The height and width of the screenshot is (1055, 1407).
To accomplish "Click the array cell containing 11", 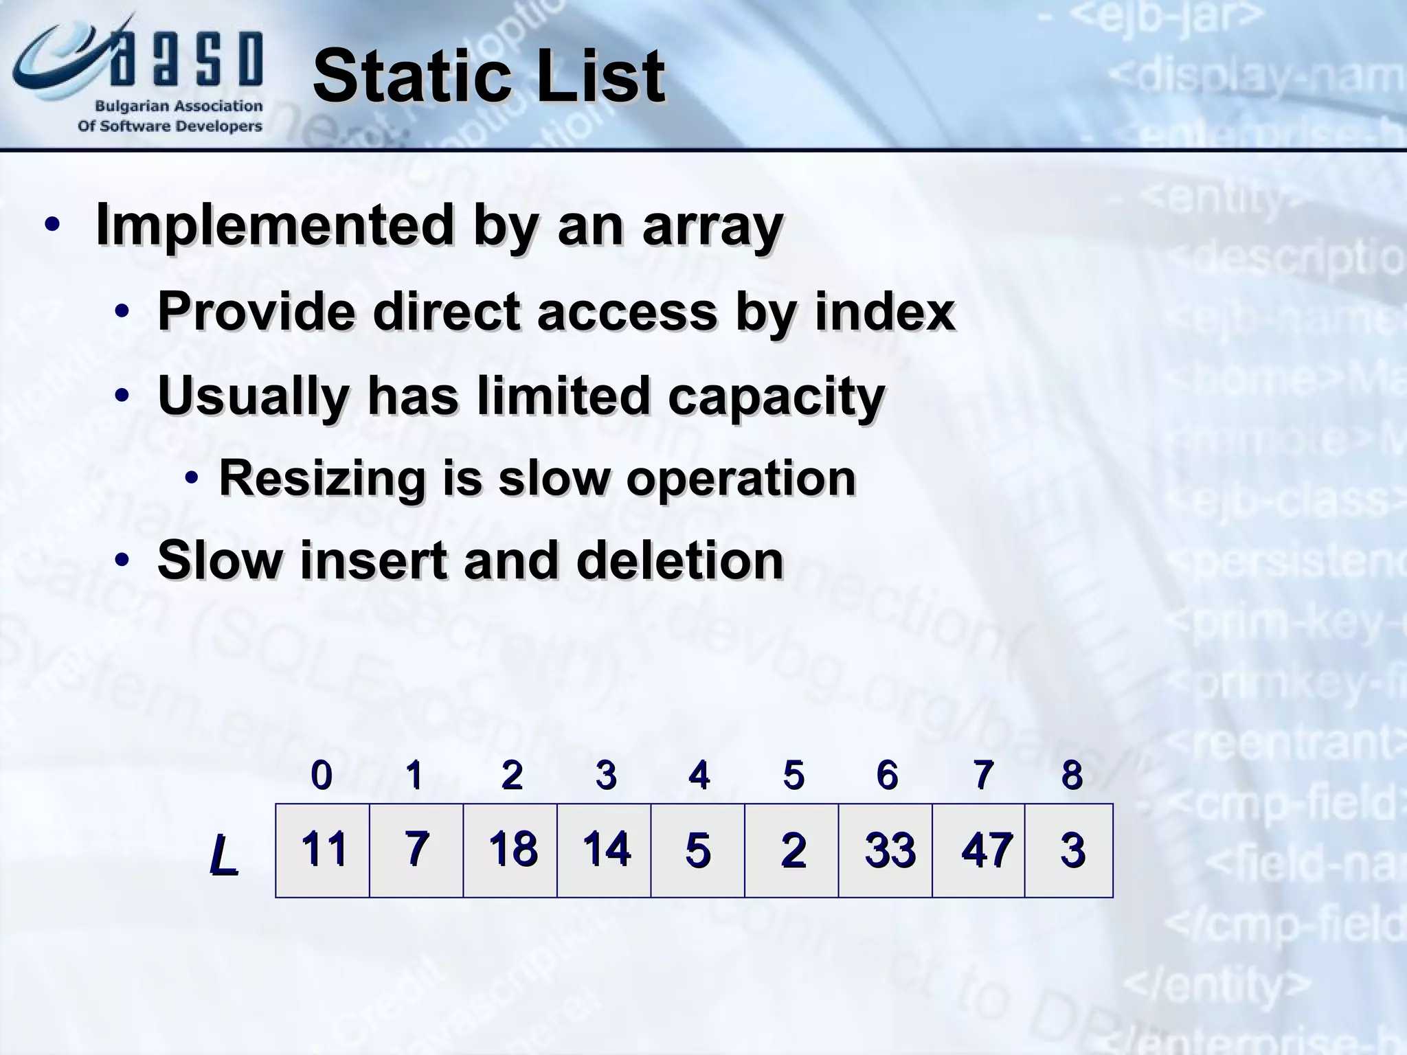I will (x=322, y=850).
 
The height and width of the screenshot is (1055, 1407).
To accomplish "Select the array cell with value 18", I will (x=510, y=850).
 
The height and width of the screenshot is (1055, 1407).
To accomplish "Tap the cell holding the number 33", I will (x=886, y=850).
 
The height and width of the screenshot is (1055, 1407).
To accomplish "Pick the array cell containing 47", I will (x=979, y=850).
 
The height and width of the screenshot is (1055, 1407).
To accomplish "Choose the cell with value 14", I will (x=604, y=850).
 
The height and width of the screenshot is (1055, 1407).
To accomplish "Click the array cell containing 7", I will (x=416, y=850).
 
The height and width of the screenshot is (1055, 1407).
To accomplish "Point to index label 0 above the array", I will (x=322, y=775).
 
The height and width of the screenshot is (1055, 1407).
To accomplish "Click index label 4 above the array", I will (x=698, y=775).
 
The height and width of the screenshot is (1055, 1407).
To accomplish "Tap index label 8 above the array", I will (x=1072, y=775).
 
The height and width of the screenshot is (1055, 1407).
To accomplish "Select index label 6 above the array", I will (x=887, y=775).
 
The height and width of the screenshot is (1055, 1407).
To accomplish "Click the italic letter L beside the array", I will (x=223, y=855).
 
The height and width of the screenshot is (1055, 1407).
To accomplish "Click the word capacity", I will (x=776, y=397).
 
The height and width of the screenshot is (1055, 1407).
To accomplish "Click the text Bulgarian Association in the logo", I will (x=179, y=106).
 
